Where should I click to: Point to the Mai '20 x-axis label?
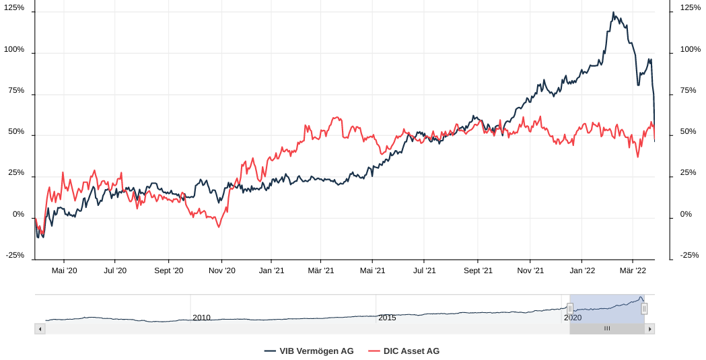(64, 271)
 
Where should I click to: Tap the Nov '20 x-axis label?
(221, 271)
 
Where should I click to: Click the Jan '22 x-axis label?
(582, 271)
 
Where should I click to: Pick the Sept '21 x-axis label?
(478, 271)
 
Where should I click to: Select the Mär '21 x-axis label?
(321, 271)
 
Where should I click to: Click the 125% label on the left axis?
(14, 7)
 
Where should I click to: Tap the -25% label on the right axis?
(690, 255)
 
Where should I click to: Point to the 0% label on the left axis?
(18, 214)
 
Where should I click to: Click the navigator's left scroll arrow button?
(40, 329)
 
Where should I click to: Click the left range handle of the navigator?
(570, 308)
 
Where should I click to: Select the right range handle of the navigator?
(644, 308)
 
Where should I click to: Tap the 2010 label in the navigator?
(201, 318)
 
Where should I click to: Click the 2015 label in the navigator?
(387, 318)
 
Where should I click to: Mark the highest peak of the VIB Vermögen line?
(613, 12)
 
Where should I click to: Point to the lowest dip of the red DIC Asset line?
(219, 227)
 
